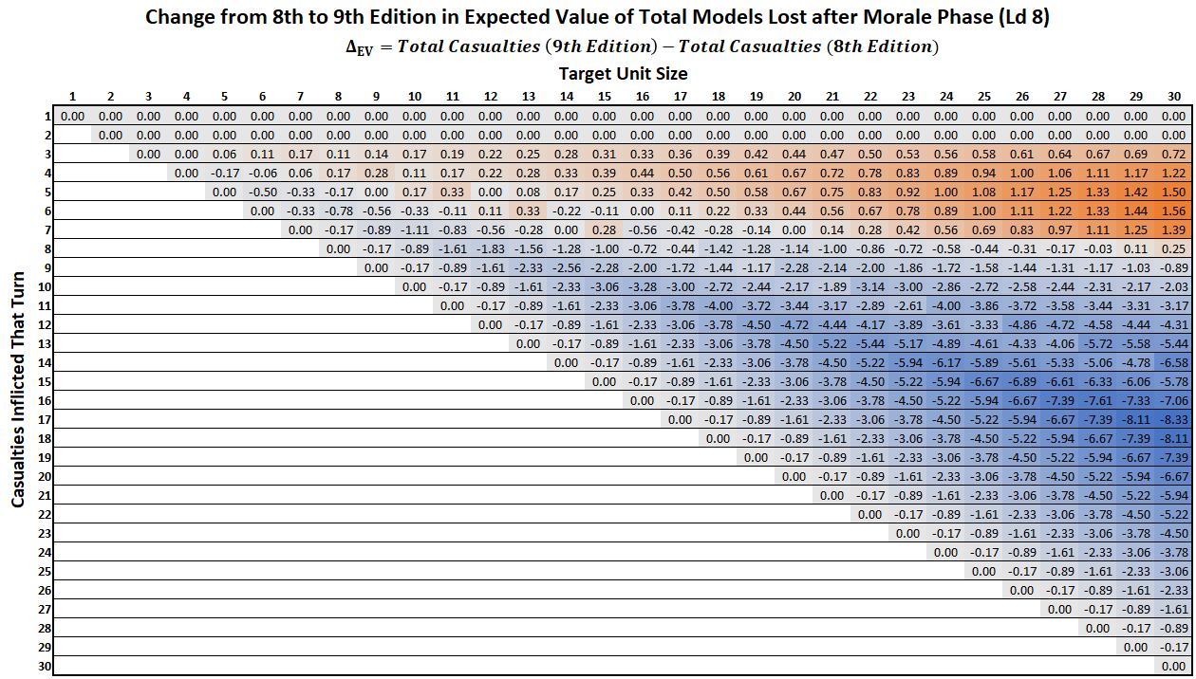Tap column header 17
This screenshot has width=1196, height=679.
681,97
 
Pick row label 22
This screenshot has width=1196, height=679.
45,514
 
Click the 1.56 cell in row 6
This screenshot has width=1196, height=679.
1174,211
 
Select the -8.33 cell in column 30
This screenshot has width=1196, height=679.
1174,419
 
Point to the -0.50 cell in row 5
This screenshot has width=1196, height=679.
263,192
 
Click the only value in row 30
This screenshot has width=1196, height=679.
1174,666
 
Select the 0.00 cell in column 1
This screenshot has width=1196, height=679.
73,116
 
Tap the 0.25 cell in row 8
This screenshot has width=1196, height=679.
1174,248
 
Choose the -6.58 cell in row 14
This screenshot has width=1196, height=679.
1174,362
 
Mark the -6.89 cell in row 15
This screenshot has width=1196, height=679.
1022,381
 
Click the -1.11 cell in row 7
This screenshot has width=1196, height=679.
415,229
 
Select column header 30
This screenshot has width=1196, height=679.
1174,97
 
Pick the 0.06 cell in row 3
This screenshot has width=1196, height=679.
225,154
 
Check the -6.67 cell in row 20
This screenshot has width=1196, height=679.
1174,476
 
